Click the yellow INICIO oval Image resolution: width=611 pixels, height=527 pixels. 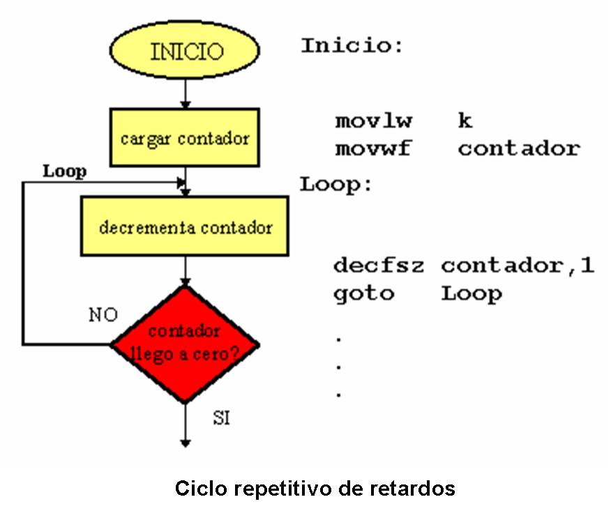(185, 52)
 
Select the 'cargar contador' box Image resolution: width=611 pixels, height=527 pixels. (185, 137)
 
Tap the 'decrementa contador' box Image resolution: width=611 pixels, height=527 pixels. (185, 227)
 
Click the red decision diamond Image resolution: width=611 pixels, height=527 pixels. (186, 344)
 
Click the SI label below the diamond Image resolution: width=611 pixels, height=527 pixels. (221, 419)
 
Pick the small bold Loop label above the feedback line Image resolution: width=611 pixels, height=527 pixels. (64, 171)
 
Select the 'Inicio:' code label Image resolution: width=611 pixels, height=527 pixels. (352, 47)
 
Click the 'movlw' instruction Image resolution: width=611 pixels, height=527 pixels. (373, 121)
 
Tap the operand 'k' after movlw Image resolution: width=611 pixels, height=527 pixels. (465, 121)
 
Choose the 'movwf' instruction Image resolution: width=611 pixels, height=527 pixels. (373, 148)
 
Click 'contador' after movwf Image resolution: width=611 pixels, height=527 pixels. (519, 148)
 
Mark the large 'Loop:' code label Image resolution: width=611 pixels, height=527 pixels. (337, 185)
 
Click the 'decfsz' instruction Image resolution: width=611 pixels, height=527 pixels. (378, 266)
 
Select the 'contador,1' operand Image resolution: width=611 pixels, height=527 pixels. (518, 266)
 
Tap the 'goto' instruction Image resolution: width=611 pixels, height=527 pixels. (363, 293)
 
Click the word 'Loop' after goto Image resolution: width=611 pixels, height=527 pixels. (472, 294)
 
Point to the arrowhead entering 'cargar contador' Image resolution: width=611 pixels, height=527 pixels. (185, 104)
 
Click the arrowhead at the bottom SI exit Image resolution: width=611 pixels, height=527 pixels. (185, 442)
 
